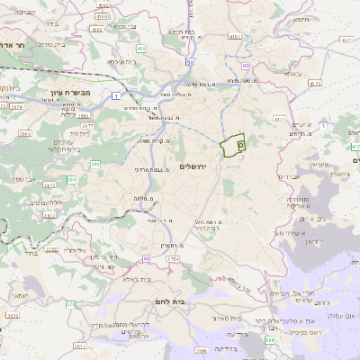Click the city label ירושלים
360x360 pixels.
(193, 167)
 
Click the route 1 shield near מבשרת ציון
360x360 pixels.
(116, 94)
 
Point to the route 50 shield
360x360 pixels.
(191, 61)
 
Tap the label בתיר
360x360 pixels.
(27, 255)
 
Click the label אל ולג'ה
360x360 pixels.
(81, 251)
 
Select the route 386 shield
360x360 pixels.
(95, 164)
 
